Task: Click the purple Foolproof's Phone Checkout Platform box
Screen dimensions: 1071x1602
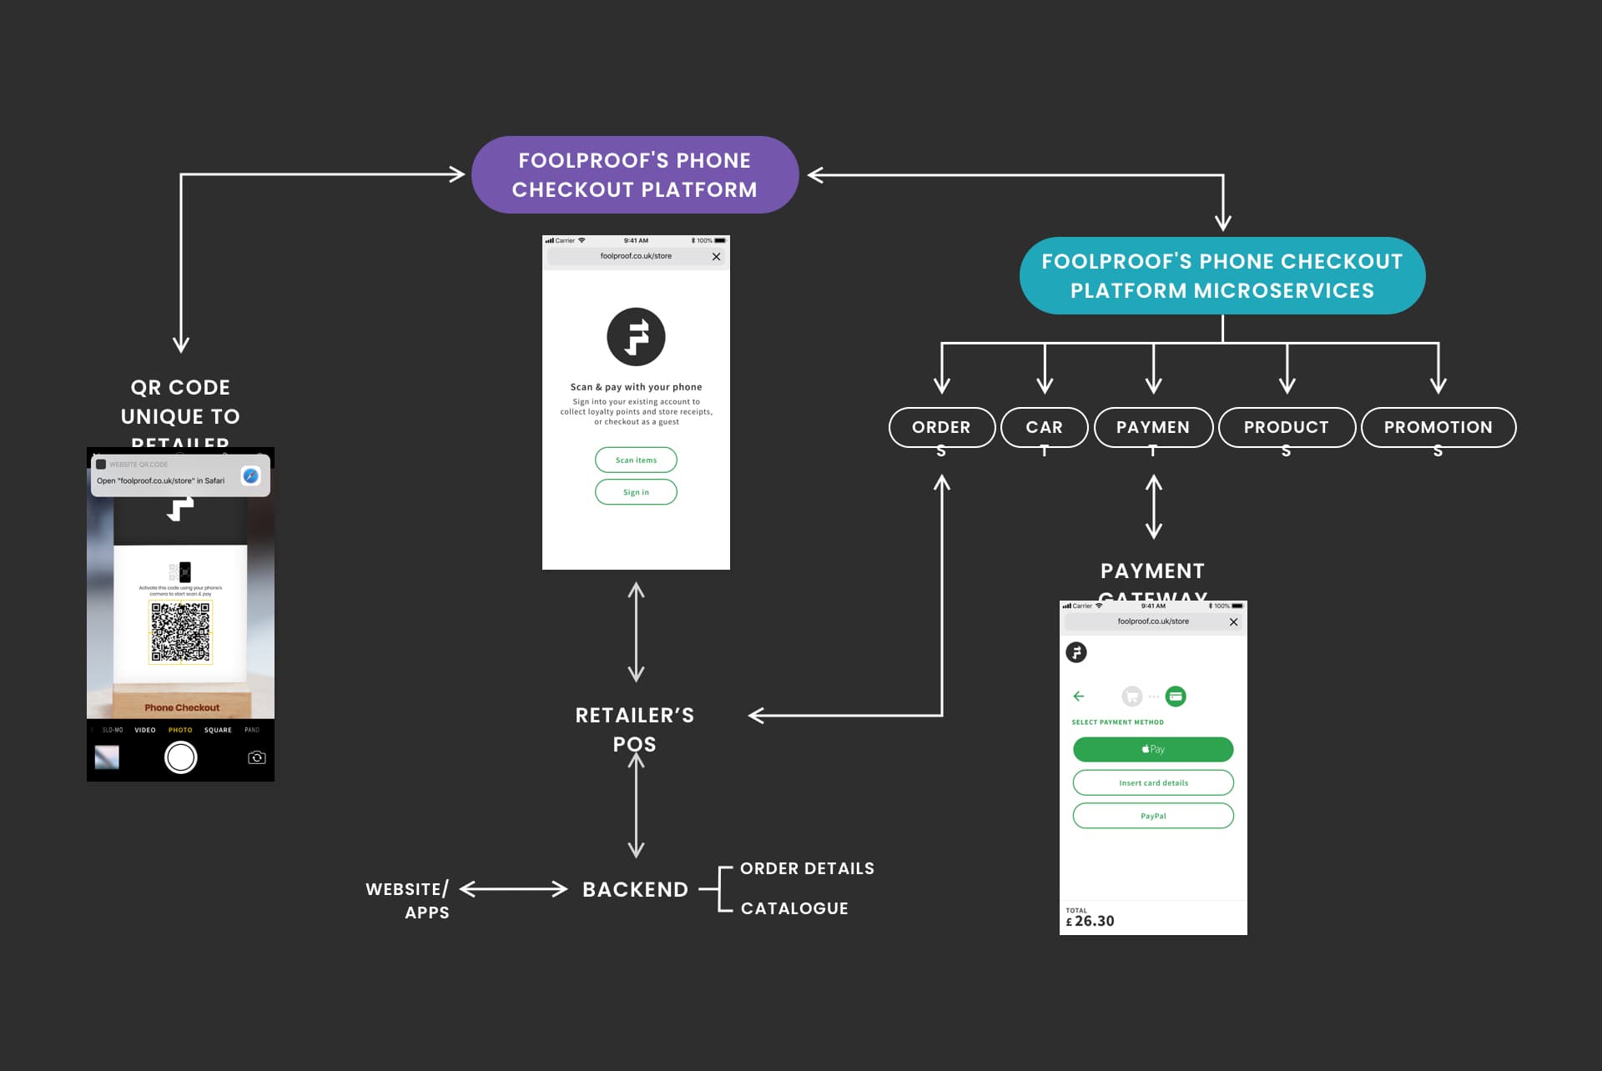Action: click(x=634, y=175)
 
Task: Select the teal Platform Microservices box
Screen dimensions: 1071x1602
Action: click(x=1222, y=276)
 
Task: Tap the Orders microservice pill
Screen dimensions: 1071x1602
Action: click(x=941, y=427)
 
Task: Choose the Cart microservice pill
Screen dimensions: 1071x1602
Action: click(x=1044, y=427)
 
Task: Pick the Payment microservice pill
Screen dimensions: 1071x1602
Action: click(x=1153, y=427)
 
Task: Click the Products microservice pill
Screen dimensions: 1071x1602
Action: click(x=1286, y=427)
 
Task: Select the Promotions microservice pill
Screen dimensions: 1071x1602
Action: click(x=1438, y=427)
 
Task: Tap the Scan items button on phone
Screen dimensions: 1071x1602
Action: click(x=636, y=460)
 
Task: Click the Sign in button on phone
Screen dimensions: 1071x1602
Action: click(x=636, y=492)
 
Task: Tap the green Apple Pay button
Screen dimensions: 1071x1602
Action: click(x=1152, y=749)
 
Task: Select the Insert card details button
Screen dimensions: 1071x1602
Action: click(x=1152, y=782)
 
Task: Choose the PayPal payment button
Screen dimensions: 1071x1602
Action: click(x=1152, y=816)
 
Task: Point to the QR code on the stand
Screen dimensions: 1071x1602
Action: click(x=180, y=632)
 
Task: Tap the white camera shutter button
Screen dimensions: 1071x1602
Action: click(x=180, y=757)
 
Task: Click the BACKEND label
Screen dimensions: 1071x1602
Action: click(x=635, y=889)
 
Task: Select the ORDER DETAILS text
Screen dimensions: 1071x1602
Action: click(x=807, y=868)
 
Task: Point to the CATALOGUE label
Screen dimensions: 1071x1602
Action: click(x=794, y=908)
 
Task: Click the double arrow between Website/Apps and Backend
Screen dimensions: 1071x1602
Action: click(x=513, y=889)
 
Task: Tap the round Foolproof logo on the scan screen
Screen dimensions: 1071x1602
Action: click(x=636, y=337)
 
